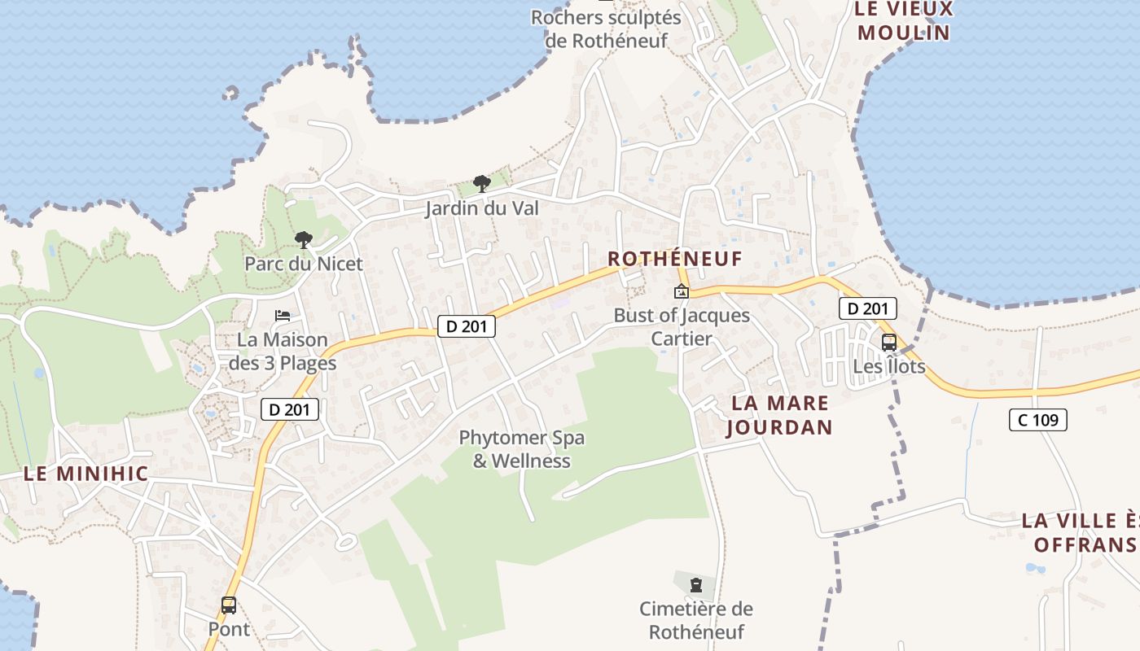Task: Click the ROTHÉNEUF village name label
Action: [675, 259]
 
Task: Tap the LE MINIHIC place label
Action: [85, 474]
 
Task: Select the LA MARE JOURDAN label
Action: [779, 415]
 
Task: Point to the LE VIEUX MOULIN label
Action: [904, 21]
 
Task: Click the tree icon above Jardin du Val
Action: [482, 184]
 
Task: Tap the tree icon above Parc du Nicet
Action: [304, 239]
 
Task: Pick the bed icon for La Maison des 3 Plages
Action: [283, 316]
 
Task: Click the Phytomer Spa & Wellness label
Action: [521, 449]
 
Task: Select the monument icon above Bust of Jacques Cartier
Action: [681, 292]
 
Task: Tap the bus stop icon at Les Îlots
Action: [889, 343]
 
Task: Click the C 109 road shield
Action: [1037, 420]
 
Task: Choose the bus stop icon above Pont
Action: [229, 605]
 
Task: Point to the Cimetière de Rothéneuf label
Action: [696, 620]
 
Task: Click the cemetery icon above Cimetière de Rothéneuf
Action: [695, 584]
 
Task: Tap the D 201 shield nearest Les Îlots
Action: [867, 308]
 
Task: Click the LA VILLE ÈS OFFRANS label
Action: [1080, 532]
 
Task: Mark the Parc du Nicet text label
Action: [304, 264]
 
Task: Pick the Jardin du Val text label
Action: [482, 208]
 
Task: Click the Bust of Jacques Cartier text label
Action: [682, 327]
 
